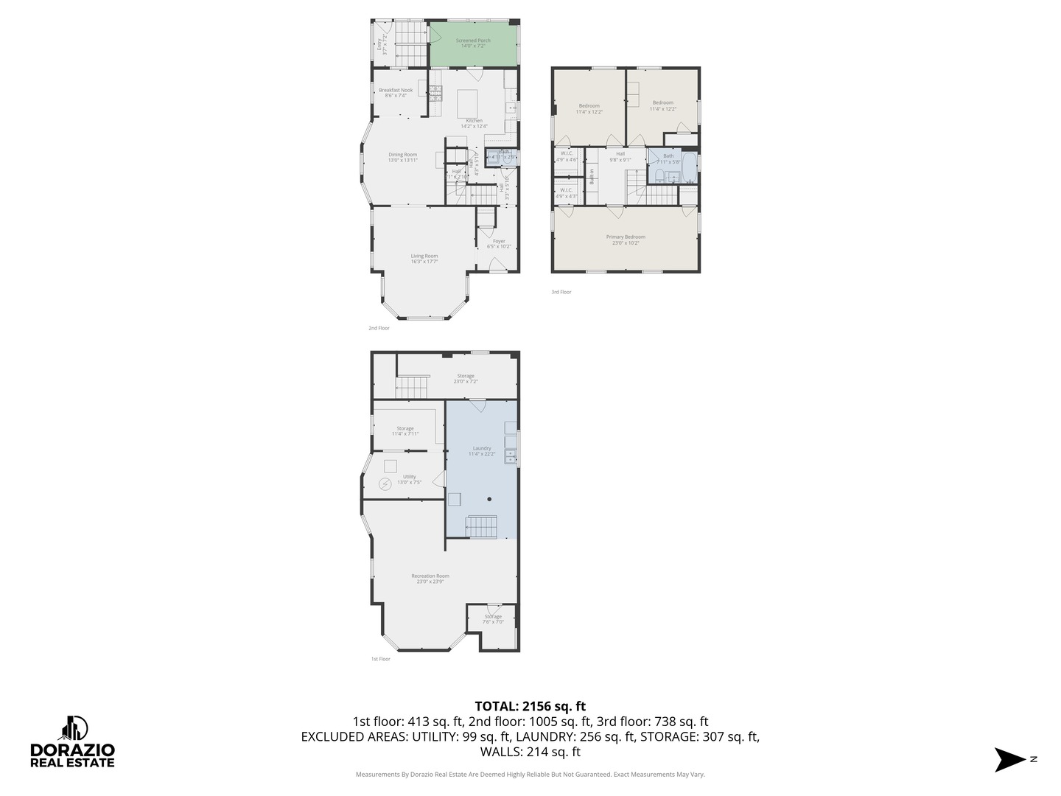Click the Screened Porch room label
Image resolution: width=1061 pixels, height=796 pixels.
coord(473,43)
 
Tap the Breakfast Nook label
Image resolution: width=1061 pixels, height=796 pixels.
coord(396,92)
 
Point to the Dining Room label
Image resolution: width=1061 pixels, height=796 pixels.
coord(402,157)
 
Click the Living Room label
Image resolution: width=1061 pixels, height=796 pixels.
coord(424,258)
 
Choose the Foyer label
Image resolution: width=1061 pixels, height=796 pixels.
coord(499,243)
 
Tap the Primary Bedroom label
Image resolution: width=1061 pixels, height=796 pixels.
coord(626,239)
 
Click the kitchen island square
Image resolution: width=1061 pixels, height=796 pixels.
coord(468,99)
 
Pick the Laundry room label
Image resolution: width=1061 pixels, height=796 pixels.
coord(482,450)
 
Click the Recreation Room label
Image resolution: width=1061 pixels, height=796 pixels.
coord(430,579)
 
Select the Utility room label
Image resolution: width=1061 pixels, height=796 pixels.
coord(409,479)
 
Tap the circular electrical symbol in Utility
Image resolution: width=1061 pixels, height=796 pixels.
coord(385,484)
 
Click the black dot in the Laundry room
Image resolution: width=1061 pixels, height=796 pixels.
coord(489,499)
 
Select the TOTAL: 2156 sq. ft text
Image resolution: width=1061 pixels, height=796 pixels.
coord(530,707)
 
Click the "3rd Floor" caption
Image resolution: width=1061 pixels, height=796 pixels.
coord(561,292)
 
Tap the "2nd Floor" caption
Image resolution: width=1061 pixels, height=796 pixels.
coord(379,328)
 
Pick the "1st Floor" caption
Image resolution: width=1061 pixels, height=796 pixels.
coord(380,659)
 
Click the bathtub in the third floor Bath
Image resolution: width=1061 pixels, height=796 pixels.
coord(689,168)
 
